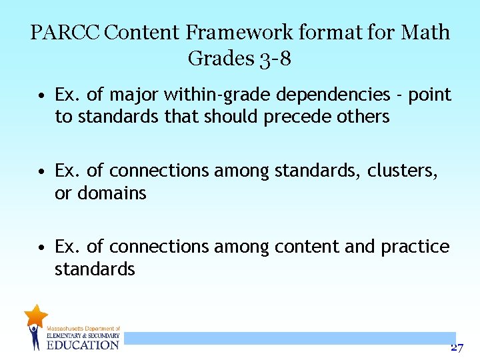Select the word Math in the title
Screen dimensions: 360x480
(426, 32)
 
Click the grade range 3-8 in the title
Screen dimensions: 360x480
(273, 59)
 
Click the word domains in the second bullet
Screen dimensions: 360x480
(112, 193)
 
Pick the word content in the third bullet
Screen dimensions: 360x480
(307, 247)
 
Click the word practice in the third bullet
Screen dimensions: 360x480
(415, 247)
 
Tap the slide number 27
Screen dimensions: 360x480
(457, 347)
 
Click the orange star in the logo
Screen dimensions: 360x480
(35, 315)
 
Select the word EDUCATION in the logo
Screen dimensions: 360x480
(83, 345)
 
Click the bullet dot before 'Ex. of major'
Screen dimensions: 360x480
(41, 96)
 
